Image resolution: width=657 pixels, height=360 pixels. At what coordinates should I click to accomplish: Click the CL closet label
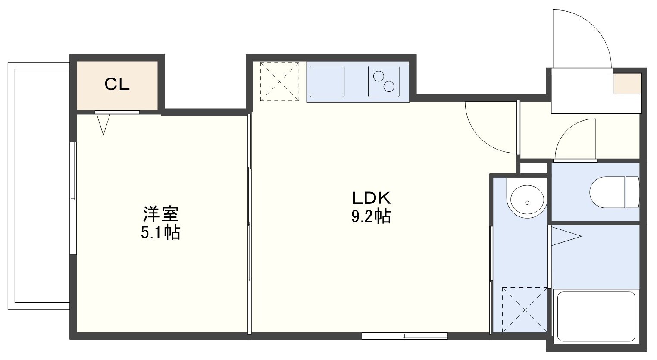117,85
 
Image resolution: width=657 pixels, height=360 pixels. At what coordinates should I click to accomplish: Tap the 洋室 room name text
161,214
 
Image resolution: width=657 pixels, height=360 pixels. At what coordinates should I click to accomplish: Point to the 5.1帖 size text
160,233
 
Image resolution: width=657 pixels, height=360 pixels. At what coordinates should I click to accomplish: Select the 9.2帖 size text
371,216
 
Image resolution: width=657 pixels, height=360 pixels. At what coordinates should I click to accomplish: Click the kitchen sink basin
327,81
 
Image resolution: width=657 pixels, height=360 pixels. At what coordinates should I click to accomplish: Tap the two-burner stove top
384,81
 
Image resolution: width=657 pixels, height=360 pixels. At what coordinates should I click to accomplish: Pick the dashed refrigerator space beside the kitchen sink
279,81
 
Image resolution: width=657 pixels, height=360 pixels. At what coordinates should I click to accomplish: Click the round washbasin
527,201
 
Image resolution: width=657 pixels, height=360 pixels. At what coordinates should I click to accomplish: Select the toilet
614,192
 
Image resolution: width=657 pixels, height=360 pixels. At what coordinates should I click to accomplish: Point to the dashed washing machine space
525,310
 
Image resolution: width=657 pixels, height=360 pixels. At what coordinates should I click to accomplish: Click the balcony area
39,185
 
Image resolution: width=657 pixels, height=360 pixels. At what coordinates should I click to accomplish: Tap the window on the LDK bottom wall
404,336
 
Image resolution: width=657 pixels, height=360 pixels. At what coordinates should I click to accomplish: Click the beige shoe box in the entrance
627,83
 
